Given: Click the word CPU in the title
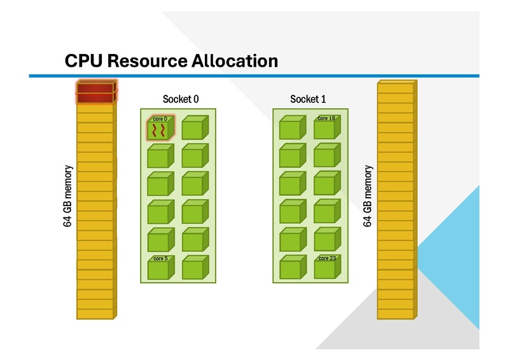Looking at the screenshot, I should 84,61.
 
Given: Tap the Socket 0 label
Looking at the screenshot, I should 181,99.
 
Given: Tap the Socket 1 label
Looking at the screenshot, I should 308,99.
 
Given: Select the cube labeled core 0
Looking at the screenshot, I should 160,129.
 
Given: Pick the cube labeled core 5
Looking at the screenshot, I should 160,268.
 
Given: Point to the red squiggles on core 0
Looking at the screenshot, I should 159,131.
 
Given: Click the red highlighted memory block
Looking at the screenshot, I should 95,92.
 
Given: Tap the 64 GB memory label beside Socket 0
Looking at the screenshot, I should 69,197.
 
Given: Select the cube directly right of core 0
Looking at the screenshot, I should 195,128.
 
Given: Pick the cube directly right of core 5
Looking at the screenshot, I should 195,268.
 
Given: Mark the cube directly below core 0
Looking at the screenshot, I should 160,157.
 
